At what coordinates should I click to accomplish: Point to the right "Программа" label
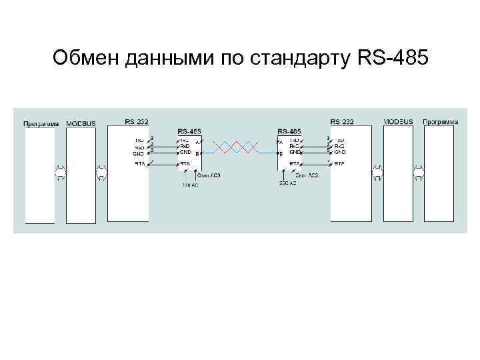pos(440,122)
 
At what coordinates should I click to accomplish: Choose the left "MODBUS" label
pos(81,123)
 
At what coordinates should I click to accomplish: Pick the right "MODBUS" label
pos(399,122)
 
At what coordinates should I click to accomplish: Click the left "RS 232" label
pos(137,122)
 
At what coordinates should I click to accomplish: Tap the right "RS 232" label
pos(342,122)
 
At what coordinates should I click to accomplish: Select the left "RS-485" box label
pos(191,131)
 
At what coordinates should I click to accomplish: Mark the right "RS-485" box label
pos(289,131)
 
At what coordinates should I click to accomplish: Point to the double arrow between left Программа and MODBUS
pos(61,172)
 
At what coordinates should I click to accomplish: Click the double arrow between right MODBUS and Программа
pos(419,172)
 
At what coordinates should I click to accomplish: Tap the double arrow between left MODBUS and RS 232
pos(102,172)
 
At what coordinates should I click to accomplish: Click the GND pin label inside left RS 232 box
pos(139,154)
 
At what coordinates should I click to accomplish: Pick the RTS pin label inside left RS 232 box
pos(139,163)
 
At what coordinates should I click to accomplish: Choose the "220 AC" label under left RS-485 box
pos(191,185)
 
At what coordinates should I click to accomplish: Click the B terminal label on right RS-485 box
pos(281,154)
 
